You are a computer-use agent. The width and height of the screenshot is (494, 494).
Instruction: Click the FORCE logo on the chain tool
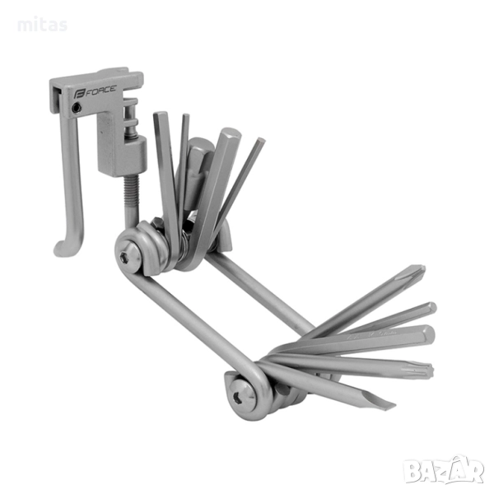(x=95, y=91)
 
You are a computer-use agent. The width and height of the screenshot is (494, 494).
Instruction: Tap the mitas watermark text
(x=42, y=25)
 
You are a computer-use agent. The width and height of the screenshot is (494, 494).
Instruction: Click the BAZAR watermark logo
(x=445, y=470)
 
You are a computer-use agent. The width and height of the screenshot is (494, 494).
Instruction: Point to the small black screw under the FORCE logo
(x=77, y=109)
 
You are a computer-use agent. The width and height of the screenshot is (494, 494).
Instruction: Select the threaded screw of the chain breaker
(x=131, y=192)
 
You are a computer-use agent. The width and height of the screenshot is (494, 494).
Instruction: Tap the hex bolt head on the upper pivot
(x=128, y=258)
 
